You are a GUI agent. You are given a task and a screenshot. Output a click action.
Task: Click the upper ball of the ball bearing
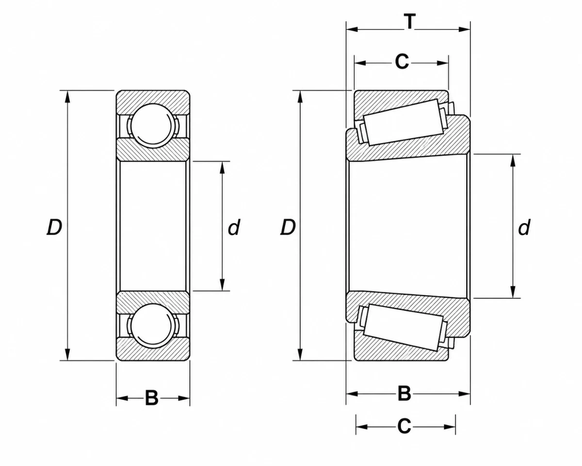153,126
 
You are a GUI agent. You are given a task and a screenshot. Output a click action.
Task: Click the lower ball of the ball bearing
153,325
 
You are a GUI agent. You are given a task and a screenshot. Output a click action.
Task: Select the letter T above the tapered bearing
409,21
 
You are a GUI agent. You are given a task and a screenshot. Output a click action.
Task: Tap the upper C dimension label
402,62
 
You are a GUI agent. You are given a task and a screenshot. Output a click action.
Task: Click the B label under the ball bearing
151,398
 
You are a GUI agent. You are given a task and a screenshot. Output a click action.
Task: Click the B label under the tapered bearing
404,394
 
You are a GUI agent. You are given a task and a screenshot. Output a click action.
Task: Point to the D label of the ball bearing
54,227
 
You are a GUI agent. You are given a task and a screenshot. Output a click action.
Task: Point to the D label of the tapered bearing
288,227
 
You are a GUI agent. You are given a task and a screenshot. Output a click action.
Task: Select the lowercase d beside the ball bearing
234,227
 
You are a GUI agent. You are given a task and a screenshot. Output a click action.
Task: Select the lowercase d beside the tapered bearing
524,227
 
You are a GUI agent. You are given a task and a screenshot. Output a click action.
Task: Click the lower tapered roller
403,327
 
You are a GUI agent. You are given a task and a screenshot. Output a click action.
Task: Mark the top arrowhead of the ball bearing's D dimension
67,96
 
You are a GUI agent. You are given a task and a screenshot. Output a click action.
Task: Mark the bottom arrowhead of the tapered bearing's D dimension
300,354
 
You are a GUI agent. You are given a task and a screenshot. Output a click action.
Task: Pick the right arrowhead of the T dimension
464,29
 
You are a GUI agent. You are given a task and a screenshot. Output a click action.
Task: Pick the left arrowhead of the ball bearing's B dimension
122,398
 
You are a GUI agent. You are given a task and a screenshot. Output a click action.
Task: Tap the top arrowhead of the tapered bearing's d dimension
513,161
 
